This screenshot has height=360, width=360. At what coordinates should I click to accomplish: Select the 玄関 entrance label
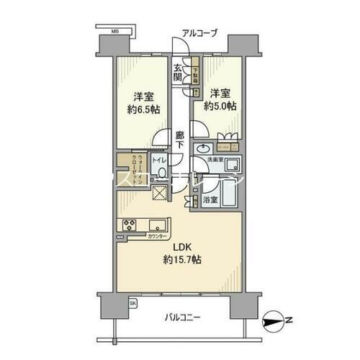point(178,73)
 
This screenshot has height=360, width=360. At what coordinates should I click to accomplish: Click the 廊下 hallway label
point(180,138)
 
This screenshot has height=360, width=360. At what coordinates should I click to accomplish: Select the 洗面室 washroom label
point(218,158)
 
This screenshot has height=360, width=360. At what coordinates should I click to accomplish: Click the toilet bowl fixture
point(162,174)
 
